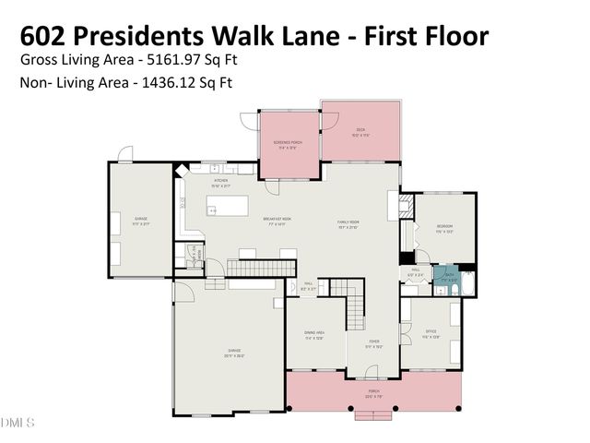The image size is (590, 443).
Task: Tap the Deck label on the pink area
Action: tap(360, 131)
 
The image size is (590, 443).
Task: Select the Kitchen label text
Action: tap(221, 182)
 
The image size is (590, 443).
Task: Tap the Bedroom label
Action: tap(444, 228)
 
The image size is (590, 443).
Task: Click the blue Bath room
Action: tap(448, 275)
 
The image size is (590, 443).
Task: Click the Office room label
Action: tap(431, 334)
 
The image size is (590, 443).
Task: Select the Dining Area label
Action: tap(313, 336)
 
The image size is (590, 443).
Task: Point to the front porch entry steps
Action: tap(373, 415)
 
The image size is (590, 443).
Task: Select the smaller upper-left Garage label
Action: tap(140, 221)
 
